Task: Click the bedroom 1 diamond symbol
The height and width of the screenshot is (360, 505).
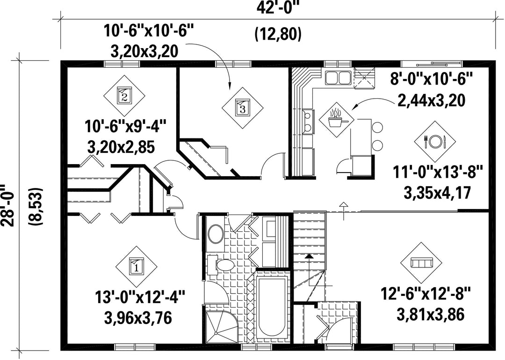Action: [x=136, y=266]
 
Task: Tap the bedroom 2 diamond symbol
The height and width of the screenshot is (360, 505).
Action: [x=124, y=96]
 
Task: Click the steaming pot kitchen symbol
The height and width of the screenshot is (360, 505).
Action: [x=336, y=119]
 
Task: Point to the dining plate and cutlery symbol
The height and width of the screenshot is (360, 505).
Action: [x=434, y=141]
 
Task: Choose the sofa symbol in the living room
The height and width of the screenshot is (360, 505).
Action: [x=421, y=263]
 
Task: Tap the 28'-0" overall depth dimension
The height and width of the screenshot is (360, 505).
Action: [x=7, y=205]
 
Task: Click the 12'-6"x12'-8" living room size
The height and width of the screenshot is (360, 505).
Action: [x=426, y=294]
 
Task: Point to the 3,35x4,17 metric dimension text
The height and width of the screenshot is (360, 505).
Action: [x=437, y=194]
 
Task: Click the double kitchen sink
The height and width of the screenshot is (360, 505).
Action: [x=337, y=77]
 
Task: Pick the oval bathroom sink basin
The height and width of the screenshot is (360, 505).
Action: [x=216, y=234]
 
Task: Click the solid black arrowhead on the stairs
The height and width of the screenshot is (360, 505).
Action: [x=309, y=256]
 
